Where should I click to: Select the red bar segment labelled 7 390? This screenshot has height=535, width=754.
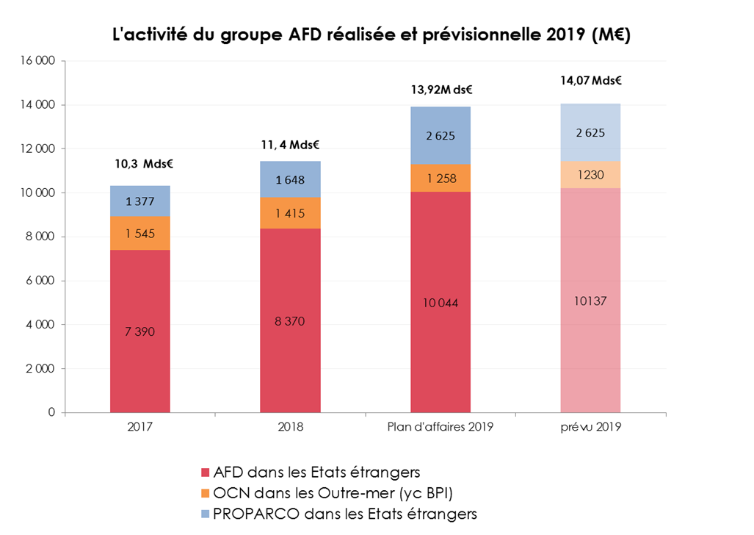140,331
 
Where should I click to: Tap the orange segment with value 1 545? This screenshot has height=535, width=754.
140,234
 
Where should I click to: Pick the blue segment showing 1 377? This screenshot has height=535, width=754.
140,201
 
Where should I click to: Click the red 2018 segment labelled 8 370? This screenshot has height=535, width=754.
290,320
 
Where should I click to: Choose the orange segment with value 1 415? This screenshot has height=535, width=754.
290,213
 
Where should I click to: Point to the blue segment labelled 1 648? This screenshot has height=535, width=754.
290,180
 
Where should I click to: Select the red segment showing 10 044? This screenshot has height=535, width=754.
441,303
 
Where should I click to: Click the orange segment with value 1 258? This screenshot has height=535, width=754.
441,179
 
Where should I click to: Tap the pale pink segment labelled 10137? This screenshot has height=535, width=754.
590,301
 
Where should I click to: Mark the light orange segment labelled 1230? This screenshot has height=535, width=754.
590,175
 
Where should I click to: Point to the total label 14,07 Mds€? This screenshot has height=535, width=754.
590,82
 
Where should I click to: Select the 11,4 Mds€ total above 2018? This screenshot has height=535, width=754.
290,145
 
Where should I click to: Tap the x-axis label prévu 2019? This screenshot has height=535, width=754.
590,426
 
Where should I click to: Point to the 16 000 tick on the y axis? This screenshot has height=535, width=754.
41,61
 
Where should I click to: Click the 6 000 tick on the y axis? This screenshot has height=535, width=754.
41,281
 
